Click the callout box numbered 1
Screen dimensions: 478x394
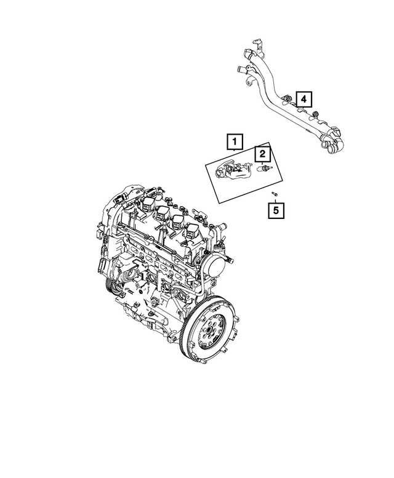pyautogui.click(x=234, y=143)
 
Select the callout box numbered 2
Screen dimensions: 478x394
pyautogui.click(x=262, y=154)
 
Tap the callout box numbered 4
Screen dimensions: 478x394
pyautogui.click(x=304, y=98)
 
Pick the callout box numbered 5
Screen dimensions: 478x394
pyautogui.click(x=275, y=212)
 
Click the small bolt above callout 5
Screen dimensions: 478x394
pyautogui.click(x=275, y=193)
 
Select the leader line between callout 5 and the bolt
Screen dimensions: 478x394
pyautogui.click(x=275, y=199)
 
